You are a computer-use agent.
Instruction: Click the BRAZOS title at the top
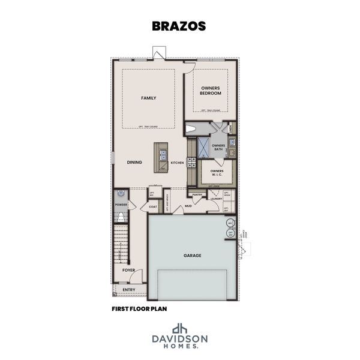click(179, 26)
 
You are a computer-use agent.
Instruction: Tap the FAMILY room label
click(148, 98)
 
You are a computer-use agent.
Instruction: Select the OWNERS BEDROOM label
click(211, 91)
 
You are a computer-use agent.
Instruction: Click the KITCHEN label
click(177, 163)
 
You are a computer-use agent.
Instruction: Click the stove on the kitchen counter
click(192, 161)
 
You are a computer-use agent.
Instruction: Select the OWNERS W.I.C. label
click(217, 173)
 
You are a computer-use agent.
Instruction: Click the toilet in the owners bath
click(191, 128)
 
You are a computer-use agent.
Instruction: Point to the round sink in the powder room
click(121, 194)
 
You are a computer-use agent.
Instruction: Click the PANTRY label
click(197, 195)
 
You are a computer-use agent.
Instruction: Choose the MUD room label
click(188, 206)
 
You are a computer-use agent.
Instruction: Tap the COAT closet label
click(153, 207)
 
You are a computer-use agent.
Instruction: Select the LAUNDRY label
click(217, 199)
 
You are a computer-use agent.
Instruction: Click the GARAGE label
click(192, 256)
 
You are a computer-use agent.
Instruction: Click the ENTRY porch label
click(128, 290)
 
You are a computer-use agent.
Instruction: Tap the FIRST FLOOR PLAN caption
click(139, 310)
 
